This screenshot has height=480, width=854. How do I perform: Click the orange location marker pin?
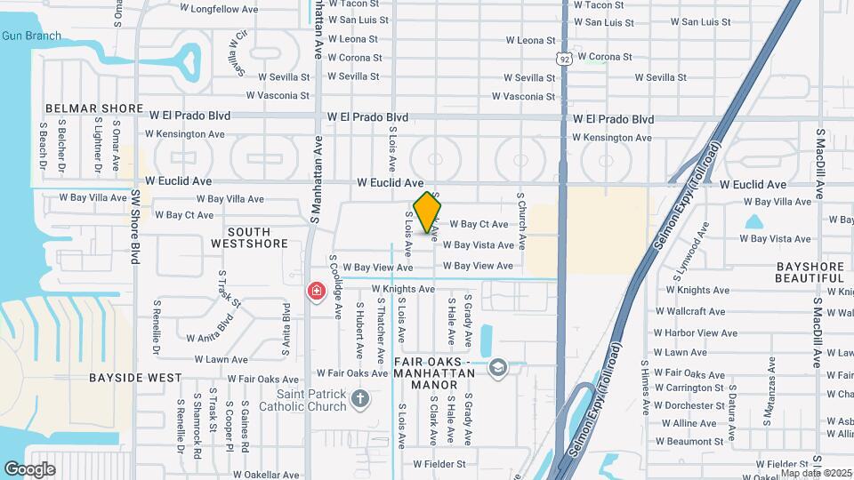pyautogui.click(x=428, y=212)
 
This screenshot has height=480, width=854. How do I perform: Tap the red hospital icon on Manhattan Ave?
pyautogui.click(x=316, y=291)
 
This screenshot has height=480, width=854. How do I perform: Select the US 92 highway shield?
pyautogui.click(x=564, y=59)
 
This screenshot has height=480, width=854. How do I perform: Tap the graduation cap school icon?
pyautogui.click(x=497, y=367)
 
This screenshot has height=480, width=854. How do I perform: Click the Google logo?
pyautogui.click(x=29, y=468)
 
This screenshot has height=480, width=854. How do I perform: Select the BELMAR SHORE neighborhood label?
pyautogui.click(x=94, y=108)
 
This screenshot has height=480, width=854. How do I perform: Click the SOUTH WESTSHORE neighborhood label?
pyautogui.click(x=250, y=237)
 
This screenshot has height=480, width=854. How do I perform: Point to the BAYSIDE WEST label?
pyautogui.click(x=135, y=378)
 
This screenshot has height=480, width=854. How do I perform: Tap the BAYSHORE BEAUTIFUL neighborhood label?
pyautogui.click(x=809, y=272)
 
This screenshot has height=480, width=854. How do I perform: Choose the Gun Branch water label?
pyautogui.click(x=31, y=36)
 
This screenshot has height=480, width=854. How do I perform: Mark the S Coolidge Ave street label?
pyautogui.click(x=337, y=283)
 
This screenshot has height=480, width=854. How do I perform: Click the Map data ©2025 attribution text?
pyautogui.click(x=816, y=473)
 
